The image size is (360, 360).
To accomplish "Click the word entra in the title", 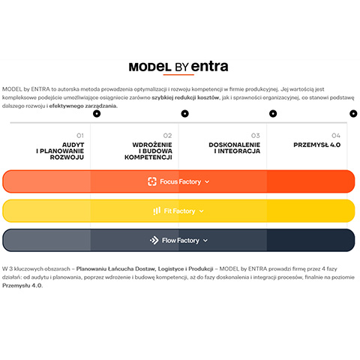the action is pyautogui.click(x=209, y=66).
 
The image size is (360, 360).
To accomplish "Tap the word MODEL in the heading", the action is pyautogui.click(x=150, y=67).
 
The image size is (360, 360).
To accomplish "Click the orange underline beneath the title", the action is pyautogui.click(x=178, y=74).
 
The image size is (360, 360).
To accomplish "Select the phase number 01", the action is pyautogui.click(x=80, y=136).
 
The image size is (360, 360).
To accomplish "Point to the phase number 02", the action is pyautogui.click(x=167, y=136).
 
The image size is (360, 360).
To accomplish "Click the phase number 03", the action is pyautogui.click(x=256, y=136).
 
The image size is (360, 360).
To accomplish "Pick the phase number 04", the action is pyautogui.click(x=336, y=136).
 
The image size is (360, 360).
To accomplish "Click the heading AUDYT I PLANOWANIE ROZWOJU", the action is pyautogui.click(x=60, y=151).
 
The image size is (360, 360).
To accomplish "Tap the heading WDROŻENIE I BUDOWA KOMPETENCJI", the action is pyautogui.click(x=148, y=151).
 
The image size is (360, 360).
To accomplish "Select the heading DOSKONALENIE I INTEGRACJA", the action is pyautogui.click(x=235, y=148).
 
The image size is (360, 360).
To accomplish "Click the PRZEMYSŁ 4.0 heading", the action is pyautogui.click(x=317, y=145).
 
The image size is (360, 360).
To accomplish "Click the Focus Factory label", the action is pyautogui.click(x=180, y=181).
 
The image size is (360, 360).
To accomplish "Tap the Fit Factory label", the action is pyautogui.click(x=179, y=211).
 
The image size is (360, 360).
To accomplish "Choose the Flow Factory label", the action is pyautogui.click(x=181, y=241).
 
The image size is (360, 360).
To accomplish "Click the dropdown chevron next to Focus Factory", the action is pyautogui.click(x=207, y=181).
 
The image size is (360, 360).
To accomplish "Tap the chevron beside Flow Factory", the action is pyautogui.click(x=205, y=241).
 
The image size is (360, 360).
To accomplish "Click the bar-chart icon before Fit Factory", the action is pyautogui.click(x=157, y=211).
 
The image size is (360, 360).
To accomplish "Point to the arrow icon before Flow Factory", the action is pyautogui.click(x=154, y=241).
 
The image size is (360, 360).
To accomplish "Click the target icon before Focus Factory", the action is pyautogui.click(x=152, y=181).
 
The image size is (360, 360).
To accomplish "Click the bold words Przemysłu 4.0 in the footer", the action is pyautogui.click(x=22, y=286).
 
